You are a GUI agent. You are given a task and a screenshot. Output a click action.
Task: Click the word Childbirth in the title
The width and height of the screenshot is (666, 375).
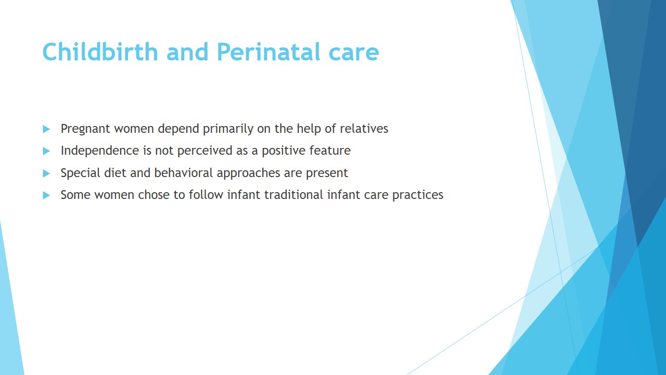tap(100, 52)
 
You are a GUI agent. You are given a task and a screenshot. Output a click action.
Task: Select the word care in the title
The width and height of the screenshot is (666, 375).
tap(354, 54)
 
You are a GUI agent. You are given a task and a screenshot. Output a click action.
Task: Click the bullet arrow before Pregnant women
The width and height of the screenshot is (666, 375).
tap(46, 129)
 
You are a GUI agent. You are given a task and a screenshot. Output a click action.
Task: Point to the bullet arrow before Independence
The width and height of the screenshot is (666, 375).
tap(46, 151)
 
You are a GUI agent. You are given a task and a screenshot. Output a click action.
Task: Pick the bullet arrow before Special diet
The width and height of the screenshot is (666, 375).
tap(46, 173)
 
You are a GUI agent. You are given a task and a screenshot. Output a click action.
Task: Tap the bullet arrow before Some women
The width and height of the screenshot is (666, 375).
tap(46, 195)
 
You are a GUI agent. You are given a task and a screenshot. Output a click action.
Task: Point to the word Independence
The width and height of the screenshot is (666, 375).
tap(99, 151)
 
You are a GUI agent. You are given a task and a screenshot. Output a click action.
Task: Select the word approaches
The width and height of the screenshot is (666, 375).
tap(248, 173)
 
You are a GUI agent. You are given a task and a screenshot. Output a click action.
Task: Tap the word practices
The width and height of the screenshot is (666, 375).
tap(418, 195)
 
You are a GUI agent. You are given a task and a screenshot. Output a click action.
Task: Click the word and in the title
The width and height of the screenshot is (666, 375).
tap(187, 52)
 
